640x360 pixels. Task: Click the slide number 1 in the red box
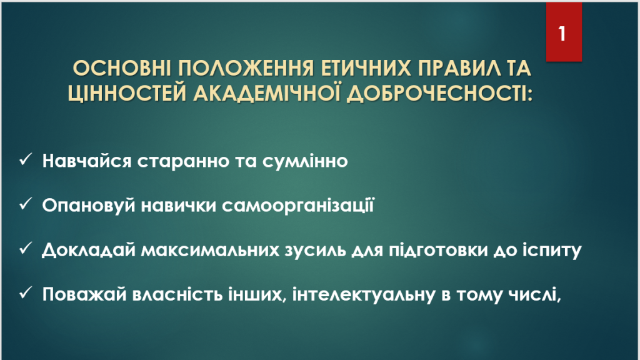coord(562,34)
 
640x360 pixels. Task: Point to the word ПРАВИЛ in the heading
coord(459,69)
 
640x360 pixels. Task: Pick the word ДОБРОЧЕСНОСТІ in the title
coord(439,94)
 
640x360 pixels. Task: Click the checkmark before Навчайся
coord(25,159)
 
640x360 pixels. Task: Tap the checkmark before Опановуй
coord(25,204)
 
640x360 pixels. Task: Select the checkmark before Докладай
coord(25,248)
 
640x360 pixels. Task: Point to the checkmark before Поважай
coord(25,292)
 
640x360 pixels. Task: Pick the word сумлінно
coord(305,161)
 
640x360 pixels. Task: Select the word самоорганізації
coord(298,205)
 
